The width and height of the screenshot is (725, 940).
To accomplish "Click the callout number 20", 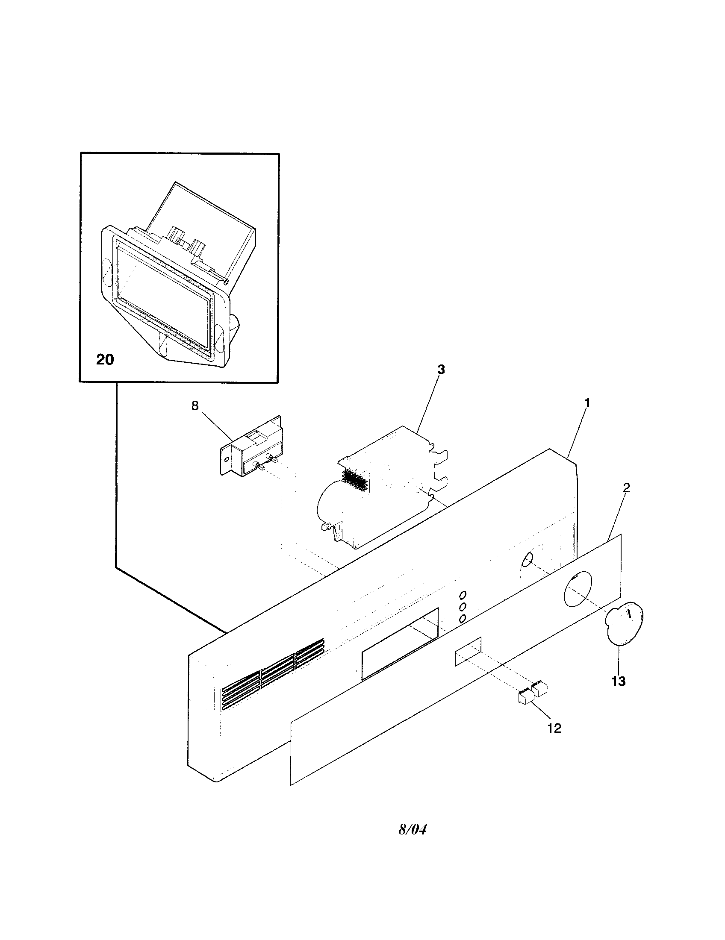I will click(105, 359).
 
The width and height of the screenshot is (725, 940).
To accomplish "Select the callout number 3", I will click(441, 369).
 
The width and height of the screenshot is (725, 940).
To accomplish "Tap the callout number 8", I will click(195, 406).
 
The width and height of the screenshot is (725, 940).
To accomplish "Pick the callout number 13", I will click(618, 681).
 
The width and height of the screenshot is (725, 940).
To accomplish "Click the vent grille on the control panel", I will click(272, 674).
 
